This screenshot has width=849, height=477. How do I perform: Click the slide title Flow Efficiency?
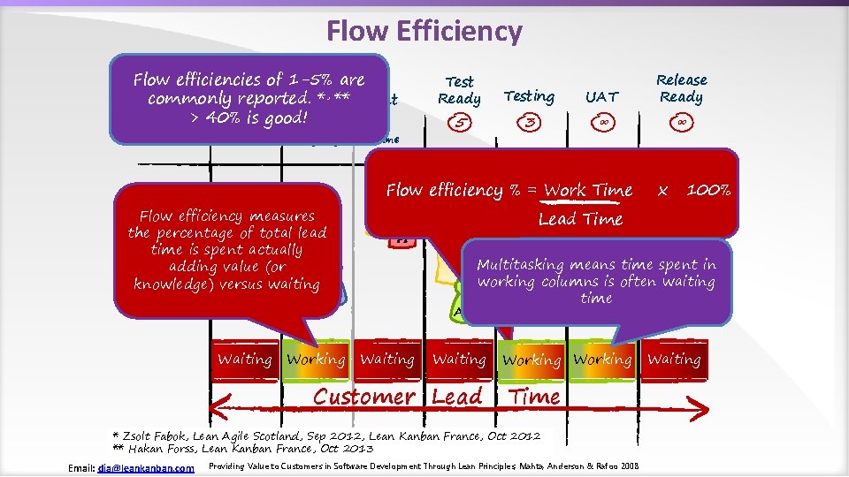coord(424,32)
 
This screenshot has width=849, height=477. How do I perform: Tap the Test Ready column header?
coord(460,90)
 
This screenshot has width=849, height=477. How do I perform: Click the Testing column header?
coord(529,96)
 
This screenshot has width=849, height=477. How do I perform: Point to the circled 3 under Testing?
coord(529,123)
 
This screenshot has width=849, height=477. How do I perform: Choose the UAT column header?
coord(601,96)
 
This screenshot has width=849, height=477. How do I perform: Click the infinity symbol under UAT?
coord(601,122)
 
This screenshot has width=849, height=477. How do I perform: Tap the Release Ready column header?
coord(681,88)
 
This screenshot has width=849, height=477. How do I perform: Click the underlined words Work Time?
coord(588,190)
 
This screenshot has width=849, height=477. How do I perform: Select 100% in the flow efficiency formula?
coord(708,190)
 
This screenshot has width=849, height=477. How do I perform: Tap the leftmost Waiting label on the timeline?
coord(245,360)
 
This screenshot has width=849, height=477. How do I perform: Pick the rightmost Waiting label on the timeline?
coord(674,360)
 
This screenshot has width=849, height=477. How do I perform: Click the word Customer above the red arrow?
coord(364,397)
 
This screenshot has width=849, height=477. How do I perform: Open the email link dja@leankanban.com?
coord(146,467)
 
